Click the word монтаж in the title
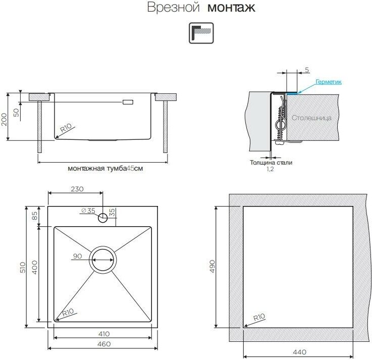click(x=232, y=8)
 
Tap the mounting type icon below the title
click(x=201, y=33)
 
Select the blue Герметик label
click(x=329, y=81)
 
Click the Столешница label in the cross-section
click(x=311, y=118)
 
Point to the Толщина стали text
click(x=271, y=163)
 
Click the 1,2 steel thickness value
click(x=270, y=170)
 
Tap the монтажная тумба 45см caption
click(x=105, y=169)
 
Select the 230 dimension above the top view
click(x=77, y=189)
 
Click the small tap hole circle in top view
click(x=102, y=218)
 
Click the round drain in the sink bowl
click(x=103, y=260)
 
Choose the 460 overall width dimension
click(x=104, y=344)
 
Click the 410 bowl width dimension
click(x=104, y=334)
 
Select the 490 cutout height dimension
click(x=212, y=266)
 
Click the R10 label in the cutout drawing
click(x=258, y=318)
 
